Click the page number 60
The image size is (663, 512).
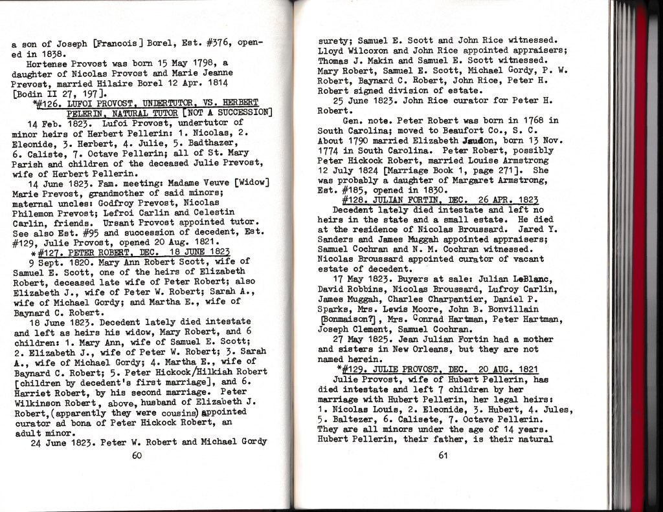[x=137, y=455]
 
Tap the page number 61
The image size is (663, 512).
[x=443, y=455]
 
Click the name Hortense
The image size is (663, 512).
[x=48, y=63]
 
